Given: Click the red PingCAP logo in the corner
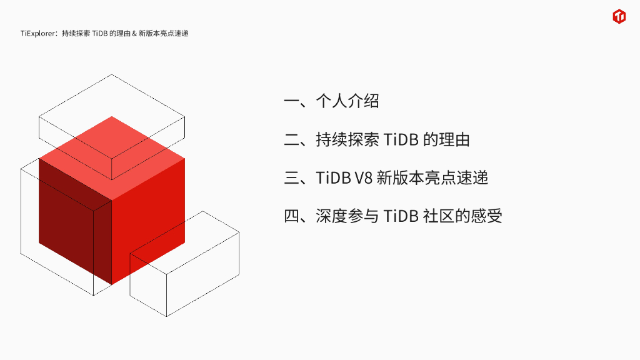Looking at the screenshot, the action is pos(619,17).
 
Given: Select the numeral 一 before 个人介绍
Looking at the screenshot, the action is pos(292,101).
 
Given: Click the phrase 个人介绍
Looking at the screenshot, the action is pos(347,101).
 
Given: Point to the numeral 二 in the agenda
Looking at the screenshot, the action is pos(292,140).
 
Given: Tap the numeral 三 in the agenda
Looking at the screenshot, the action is pos(292,178).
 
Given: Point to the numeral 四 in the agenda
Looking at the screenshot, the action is pos(292,216).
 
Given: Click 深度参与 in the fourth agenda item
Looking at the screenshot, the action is pos(347,216).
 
